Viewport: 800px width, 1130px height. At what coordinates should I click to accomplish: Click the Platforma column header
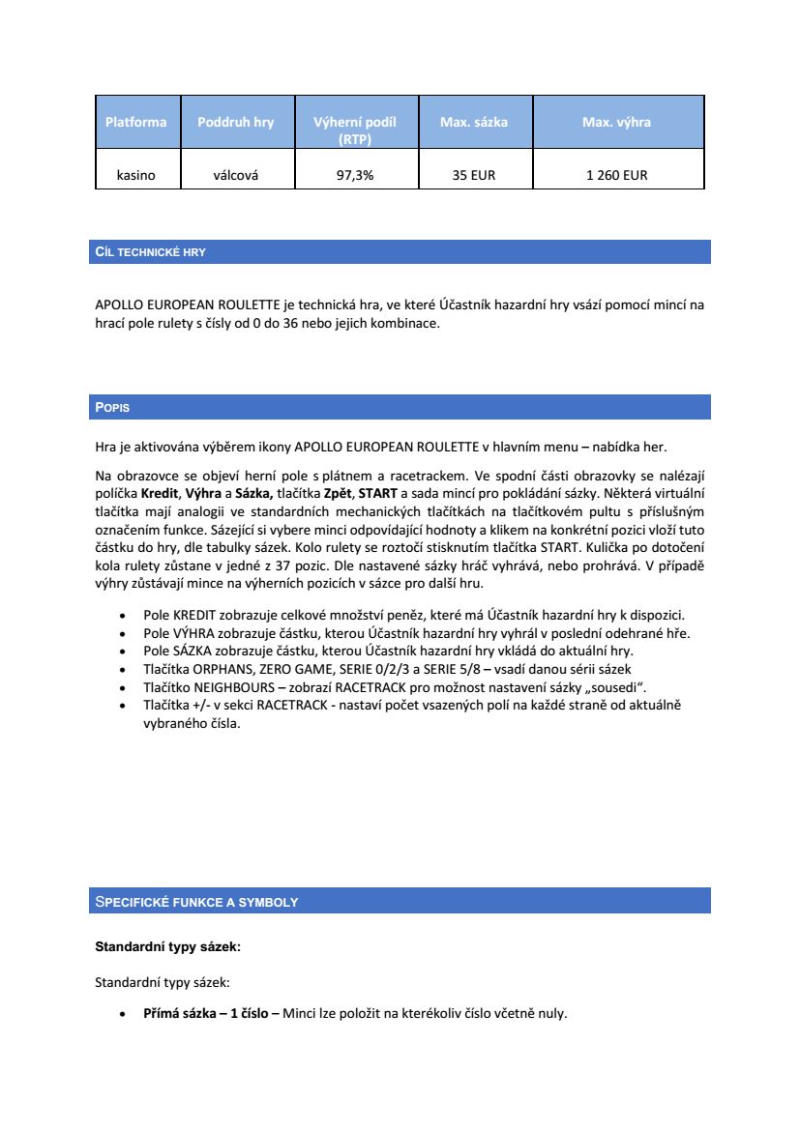136,122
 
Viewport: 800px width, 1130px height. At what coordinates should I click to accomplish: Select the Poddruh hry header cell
236,122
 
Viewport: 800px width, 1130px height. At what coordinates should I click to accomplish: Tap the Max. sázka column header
474,122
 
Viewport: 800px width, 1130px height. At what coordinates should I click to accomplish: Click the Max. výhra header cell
616,122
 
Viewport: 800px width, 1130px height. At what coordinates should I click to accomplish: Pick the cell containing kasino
136,175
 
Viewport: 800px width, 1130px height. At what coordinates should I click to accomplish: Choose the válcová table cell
236,175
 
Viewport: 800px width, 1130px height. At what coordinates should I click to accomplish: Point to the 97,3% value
355,175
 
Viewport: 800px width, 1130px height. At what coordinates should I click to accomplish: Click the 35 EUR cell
474,175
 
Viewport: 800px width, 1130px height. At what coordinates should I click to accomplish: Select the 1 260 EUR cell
616,175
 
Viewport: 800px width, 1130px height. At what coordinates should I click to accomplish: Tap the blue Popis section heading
112,408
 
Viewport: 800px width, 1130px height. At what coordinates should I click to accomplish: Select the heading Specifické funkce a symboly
196,902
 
